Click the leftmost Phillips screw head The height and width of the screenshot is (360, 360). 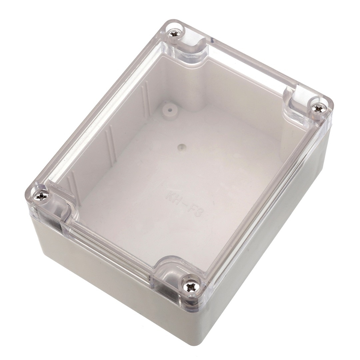[x=41, y=195]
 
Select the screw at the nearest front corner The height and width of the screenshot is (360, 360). [x=191, y=286]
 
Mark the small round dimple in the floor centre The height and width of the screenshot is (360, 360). [x=182, y=146]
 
